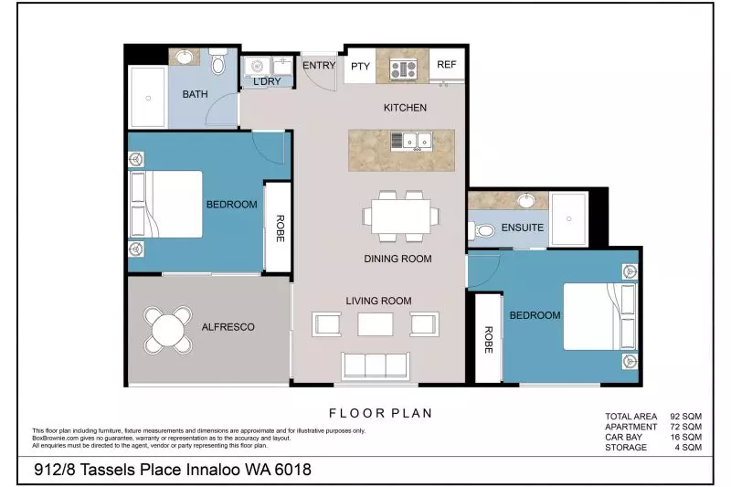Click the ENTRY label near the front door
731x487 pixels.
click(x=319, y=65)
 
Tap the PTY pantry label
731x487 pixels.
click(x=360, y=66)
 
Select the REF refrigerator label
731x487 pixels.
click(x=446, y=65)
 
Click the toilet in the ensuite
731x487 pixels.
click(x=485, y=229)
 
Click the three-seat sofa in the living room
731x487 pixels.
click(x=373, y=365)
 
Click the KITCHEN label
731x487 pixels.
click(x=405, y=108)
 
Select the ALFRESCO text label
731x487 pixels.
click(x=228, y=326)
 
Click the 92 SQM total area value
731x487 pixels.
click(x=685, y=415)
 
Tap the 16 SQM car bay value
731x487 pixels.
click(x=685, y=437)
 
